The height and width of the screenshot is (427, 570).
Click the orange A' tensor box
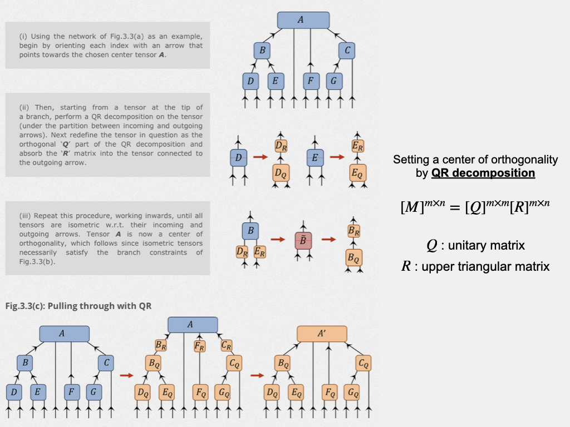322,334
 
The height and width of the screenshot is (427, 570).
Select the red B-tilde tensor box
303,241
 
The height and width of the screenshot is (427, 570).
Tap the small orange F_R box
199,345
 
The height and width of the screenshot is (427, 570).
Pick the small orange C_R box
226,345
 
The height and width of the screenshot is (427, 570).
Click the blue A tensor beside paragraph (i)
303,20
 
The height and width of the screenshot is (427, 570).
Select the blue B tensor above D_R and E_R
250,230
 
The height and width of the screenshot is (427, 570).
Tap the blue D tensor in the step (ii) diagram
238,158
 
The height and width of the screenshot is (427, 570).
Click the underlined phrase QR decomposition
483,173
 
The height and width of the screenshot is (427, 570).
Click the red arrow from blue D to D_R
260,157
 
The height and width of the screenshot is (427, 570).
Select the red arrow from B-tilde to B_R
329,240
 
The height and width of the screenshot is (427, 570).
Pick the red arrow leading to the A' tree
257,375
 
